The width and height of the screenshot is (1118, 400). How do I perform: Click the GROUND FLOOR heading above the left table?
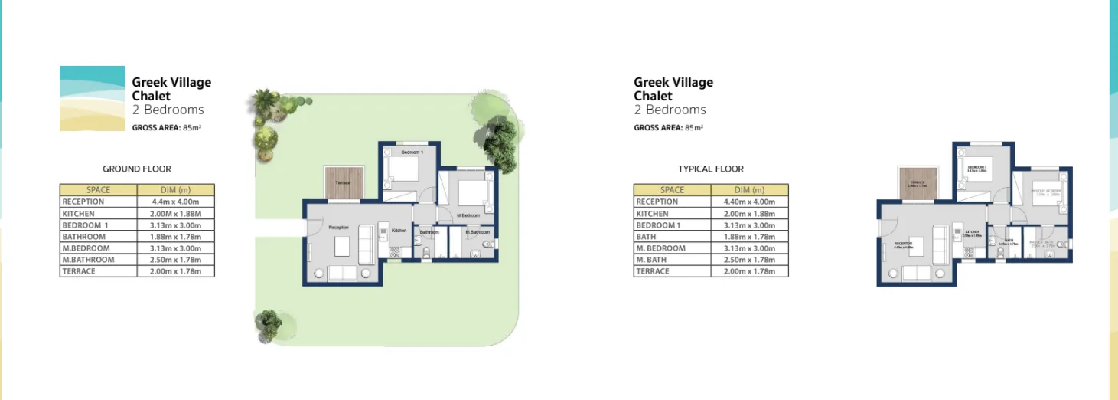tap(137, 169)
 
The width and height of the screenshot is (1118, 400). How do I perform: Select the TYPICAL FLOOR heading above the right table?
tap(710, 169)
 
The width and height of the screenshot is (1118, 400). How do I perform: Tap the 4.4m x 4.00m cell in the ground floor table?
tap(175, 202)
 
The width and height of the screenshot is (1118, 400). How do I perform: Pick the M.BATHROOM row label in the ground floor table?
tap(88, 260)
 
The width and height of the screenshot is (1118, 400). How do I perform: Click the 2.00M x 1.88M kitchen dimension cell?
tap(175, 214)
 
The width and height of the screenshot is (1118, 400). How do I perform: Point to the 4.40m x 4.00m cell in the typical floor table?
tap(749, 202)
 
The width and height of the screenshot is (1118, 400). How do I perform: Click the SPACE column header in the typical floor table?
tap(672, 189)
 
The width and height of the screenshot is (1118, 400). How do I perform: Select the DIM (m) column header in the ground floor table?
tap(175, 189)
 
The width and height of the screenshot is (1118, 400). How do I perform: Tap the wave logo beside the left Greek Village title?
tap(92, 98)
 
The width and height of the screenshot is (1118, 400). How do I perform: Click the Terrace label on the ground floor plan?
tap(343, 182)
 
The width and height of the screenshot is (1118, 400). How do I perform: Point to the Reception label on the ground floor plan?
tap(338, 228)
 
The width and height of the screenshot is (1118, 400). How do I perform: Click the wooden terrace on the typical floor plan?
tap(916, 184)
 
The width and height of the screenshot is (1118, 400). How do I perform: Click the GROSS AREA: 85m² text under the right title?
tap(669, 128)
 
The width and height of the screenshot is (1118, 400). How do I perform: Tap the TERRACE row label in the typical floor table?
tap(653, 271)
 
